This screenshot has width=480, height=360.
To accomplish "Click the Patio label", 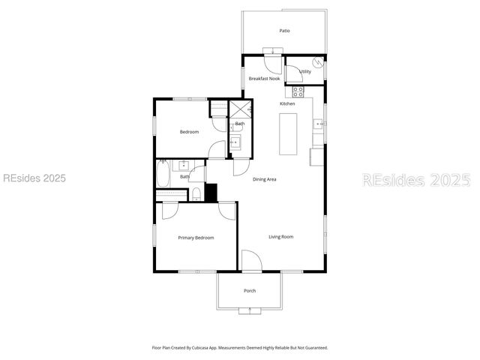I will click(284, 31).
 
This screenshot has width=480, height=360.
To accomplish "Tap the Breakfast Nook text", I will click(264, 78).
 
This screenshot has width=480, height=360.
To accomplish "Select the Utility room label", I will click(305, 72).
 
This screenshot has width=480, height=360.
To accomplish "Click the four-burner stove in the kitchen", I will click(298, 91).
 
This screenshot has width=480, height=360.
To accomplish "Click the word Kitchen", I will click(287, 103).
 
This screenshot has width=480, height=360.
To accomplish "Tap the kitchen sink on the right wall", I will click(319, 124).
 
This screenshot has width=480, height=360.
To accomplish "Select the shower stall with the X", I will click(240, 109).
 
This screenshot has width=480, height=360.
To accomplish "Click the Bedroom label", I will click(189, 132).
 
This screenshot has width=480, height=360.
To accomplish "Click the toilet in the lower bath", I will click(196, 194).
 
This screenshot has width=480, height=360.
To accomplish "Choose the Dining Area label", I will click(265, 179).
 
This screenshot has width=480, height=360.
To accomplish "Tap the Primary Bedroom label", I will click(196, 238).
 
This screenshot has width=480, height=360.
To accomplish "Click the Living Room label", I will click(281, 237).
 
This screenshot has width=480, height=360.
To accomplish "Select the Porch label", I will click(250, 291).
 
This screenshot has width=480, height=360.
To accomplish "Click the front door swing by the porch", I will click(251, 260).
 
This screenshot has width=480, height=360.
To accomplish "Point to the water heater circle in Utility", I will click(319, 64).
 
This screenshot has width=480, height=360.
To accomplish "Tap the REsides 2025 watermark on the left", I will click(34, 178).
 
